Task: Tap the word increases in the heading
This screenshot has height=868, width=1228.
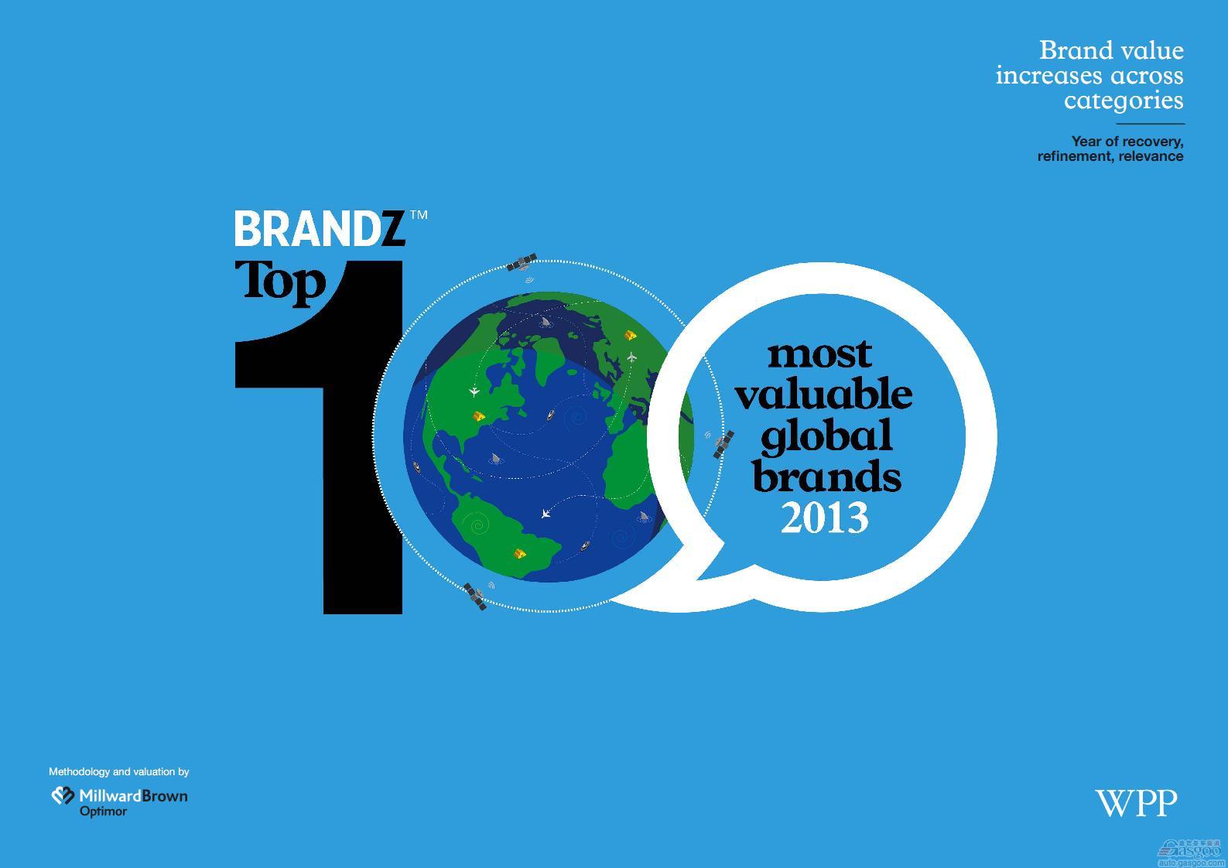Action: [x=1050, y=76]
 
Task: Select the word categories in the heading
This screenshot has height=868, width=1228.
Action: [x=1124, y=101]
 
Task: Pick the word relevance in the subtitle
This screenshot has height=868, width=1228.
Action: [x=1151, y=157]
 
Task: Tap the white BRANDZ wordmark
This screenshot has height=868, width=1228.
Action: [x=320, y=228]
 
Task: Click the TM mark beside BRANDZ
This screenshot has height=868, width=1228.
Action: [x=419, y=215]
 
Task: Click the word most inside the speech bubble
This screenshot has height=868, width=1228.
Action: [x=819, y=355]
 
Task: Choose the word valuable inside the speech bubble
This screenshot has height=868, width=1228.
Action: [x=824, y=394]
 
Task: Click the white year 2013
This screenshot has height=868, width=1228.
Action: [x=825, y=518]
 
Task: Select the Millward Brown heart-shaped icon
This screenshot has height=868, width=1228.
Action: [x=63, y=795]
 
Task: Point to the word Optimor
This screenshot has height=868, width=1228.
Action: [x=103, y=812]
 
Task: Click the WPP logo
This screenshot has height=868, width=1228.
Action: [x=1136, y=803]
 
